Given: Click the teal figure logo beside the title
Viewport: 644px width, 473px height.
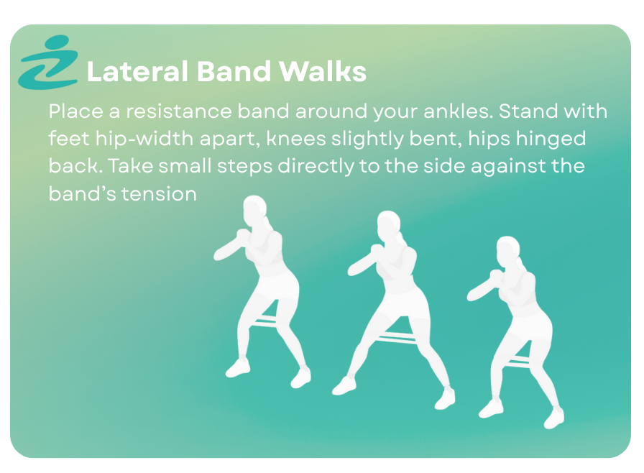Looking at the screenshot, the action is click(48, 63).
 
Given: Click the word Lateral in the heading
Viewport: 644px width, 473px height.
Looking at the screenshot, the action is click(137, 71).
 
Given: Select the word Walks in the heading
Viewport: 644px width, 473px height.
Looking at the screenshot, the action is click(323, 71).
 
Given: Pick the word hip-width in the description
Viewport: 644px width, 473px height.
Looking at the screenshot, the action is click(144, 139).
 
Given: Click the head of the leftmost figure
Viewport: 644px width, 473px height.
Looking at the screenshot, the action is click(255, 210).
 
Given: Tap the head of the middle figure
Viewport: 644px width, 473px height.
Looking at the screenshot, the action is click(389, 226).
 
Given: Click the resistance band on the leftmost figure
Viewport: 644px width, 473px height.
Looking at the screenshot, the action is click(264, 323).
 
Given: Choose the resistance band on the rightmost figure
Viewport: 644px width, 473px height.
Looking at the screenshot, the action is click(518, 362).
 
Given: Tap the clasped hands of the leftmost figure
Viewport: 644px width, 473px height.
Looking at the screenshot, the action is click(243, 235).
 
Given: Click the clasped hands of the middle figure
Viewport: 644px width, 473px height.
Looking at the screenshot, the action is click(377, 251).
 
